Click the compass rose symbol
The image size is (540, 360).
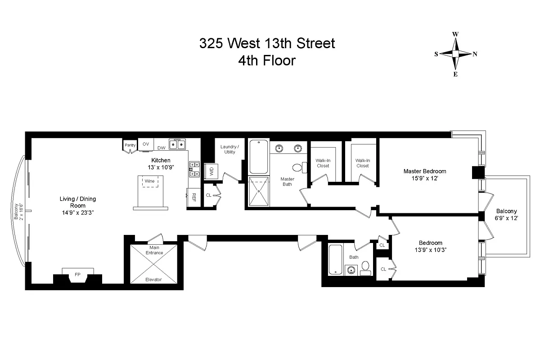[x=455, y=54]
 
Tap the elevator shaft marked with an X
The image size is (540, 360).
[x=153, y=264]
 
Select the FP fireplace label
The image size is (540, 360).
[x=77, y=274]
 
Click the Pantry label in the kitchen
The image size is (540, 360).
[x=130, y=145]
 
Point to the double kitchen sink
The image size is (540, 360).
[x=177, y=144]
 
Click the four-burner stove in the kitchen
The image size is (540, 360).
[x=194, y=169]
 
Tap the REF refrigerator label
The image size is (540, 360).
[x=194, y=197]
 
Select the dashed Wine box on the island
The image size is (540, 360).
[x=150, y=181]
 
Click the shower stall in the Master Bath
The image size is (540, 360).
[x=259, y=191]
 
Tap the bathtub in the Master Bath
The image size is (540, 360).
[x=259, y=157]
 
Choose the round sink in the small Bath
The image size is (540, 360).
[x=351, y=270]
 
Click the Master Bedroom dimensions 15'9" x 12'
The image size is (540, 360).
[x=425, y=179]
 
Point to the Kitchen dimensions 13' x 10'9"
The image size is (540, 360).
[x=161, y=167]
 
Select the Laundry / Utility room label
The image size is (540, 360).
[x=230, y=149]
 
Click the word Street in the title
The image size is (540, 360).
[x=315, y=43]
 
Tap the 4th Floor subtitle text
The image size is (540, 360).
[x=267, y=60]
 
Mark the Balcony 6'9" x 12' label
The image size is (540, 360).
[x=507, y=215]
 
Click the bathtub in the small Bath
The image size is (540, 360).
[x=335, y=260]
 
